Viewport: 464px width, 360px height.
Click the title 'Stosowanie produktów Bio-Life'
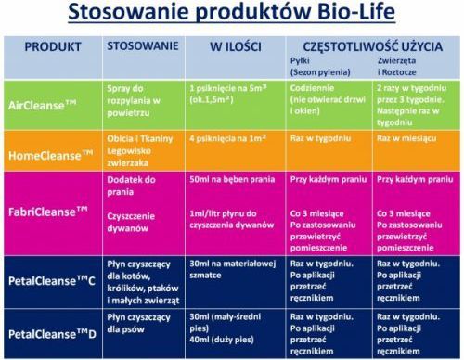pyautogui.click(x=231, y=12)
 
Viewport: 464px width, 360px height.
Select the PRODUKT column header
pyautogui.click(x=53, y=47)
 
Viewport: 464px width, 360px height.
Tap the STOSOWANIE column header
pyautogui.click(x=143, y=46)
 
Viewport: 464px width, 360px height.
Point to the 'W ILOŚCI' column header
pyautogui.click(x=236, y=47)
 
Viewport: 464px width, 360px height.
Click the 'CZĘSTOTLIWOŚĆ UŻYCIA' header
pyautogui.click(x=372, y=46)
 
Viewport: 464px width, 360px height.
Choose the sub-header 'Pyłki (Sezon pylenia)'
pyautogui.click(x=320, y=67)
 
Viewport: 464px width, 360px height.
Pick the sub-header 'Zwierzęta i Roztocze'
pyautogui.click(x=397, y=67)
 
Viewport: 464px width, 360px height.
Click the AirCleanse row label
pyautogui.click(x=42, y=105)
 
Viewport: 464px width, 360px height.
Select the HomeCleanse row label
pyautogui.click(x=50, y=155)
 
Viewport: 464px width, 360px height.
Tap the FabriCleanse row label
pyautogui.click(x=48, y=212)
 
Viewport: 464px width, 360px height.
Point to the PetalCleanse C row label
pyautogui.click(x=52, y=281)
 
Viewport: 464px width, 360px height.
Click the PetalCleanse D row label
pyautogui.click(x=52, y=334)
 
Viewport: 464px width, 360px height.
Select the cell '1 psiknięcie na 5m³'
pyautogui.click(x=228, y=88)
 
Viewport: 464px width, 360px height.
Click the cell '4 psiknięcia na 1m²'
pyautogui.click(x=227, y=138)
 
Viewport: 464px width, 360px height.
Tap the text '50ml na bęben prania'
pyautogui.click(x=232, y=180)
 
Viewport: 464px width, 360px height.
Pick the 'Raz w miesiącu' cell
pyautogui.click(x=406, y=138)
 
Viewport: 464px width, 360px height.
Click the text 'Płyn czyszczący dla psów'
pyautogui.click(x=138, y=323)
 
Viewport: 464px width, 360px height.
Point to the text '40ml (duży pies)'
pyautogui.click(x=222, y=340)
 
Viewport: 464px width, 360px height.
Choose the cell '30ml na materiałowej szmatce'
pyautogui.click(x=232, y=269)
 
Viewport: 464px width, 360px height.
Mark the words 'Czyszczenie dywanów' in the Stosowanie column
pyautogui.click(x=131, y=222)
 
